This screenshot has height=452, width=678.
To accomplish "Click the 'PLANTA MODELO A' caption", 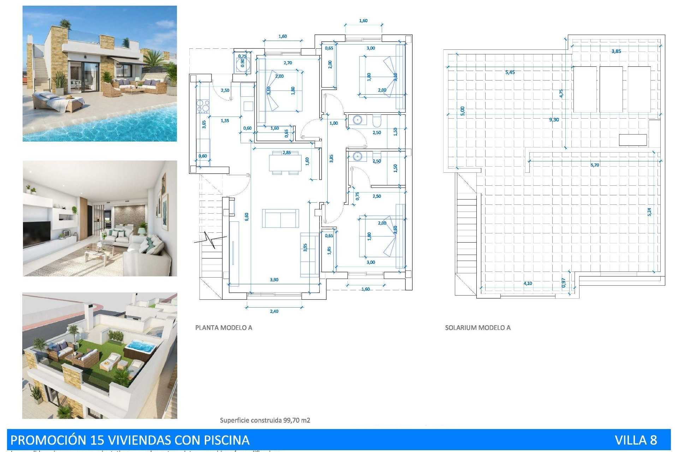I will point(224,328).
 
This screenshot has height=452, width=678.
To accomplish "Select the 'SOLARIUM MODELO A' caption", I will point(477,328).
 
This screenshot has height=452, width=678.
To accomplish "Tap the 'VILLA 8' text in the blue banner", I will point(636,440).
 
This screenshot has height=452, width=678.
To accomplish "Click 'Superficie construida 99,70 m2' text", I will point(265,420).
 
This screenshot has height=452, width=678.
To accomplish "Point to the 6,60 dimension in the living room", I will point(246,216).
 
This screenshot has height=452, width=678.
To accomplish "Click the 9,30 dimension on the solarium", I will point(554,120).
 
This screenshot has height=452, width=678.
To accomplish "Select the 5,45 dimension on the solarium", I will point(510,72).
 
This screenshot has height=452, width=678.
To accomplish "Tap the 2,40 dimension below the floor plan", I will point(274,311).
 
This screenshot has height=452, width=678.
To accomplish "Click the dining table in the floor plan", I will point(285,163).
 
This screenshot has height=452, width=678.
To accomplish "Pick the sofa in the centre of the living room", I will point(280,218).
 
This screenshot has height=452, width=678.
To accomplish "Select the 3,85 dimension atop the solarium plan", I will point(616,51).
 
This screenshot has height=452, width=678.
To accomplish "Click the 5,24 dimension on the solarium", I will point(649,212).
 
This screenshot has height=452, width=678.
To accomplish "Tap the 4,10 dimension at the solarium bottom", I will point(528,283).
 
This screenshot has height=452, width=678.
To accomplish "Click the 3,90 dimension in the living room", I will point(274,280).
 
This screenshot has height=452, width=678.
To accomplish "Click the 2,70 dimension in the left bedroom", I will point(288,63).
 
